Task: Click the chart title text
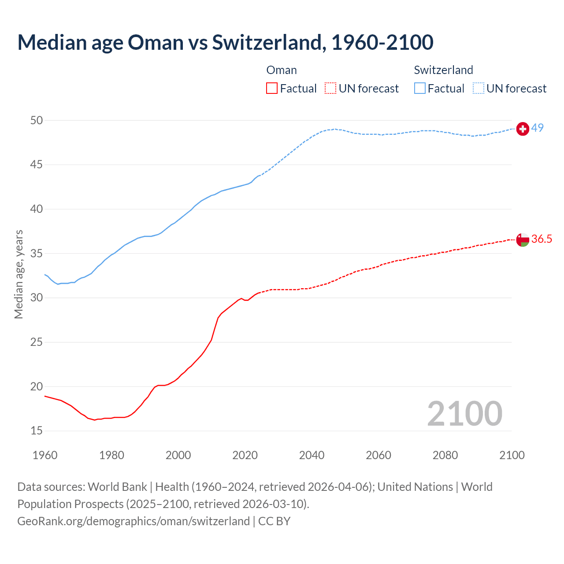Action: tap(225, 42)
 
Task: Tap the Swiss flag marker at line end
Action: tap(523, 129)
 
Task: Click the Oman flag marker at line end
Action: tap(523, 240)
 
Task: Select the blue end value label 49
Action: tap(537, 128)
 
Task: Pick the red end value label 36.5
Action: tap(542, 239)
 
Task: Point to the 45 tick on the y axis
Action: tap(37, 165)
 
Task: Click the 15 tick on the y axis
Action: tap(37, 430)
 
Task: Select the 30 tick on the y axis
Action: tap(37, 298)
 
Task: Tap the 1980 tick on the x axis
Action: tap(111, 455)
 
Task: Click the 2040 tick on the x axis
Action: tap(312, 455)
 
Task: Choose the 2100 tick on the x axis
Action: tap(512, 455)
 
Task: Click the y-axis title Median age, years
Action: tap(19, 274)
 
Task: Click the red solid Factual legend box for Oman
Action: tap(272, 89)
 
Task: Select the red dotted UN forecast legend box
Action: tap(330, 89)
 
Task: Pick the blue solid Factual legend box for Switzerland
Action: tap(420, 89)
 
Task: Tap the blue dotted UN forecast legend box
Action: tap(479, 89)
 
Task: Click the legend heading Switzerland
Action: tap(443, 70)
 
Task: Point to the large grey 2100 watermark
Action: tap(464, 413)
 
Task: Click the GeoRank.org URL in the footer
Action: tap(134, 521)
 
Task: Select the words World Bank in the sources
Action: tap(117, 487)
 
